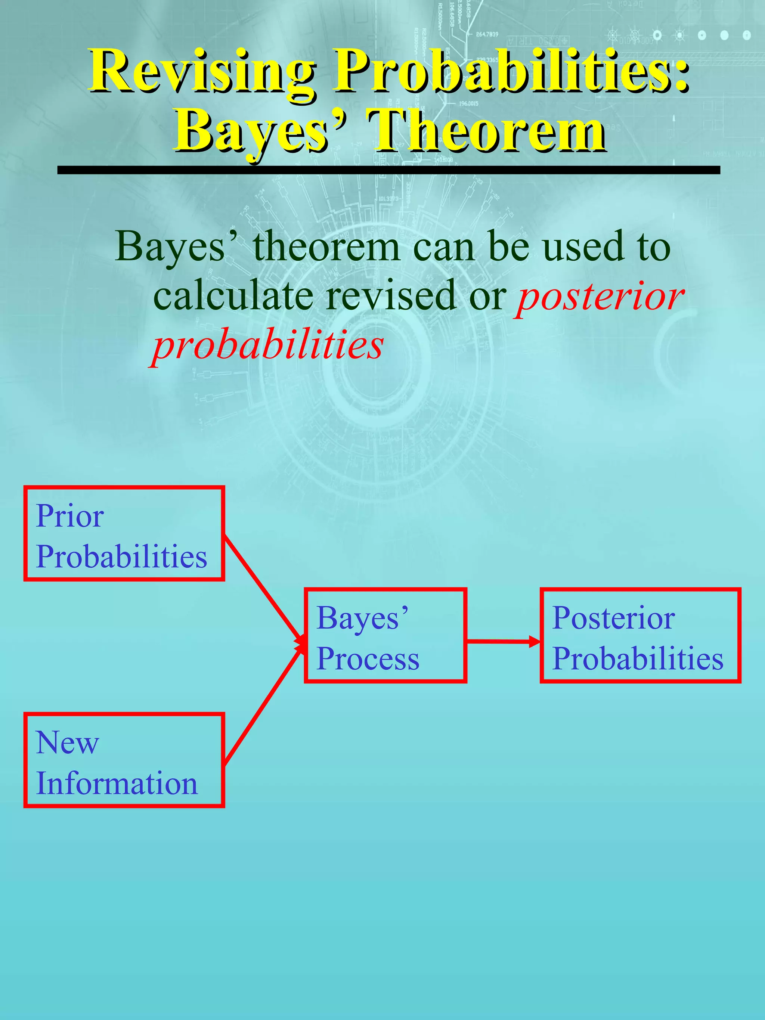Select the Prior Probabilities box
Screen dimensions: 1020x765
[124, 533]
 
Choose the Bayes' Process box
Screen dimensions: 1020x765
[385, 635]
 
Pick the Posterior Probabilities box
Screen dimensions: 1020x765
[640, 635]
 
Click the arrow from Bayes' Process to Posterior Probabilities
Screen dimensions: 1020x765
[503, 641]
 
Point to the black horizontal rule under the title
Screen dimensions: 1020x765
[388, 170]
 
